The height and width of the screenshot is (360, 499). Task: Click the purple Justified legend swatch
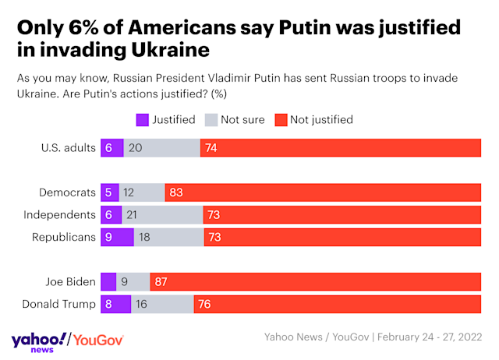click(142, 120)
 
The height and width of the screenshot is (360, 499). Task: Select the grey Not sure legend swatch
click(211, 120)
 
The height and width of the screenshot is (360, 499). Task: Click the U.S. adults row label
click(68, 148)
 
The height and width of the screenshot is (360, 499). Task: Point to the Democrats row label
click(67, 192)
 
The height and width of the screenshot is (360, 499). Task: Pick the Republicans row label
click(63, 237)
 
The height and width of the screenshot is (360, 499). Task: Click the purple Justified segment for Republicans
click(117, 237)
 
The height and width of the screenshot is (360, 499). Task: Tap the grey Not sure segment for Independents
click(162, 215)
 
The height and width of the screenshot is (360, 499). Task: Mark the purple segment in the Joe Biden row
click(108, 282)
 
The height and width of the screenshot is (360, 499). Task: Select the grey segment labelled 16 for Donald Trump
click(161, 304)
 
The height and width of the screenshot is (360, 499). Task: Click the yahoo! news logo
click(39, 341)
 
